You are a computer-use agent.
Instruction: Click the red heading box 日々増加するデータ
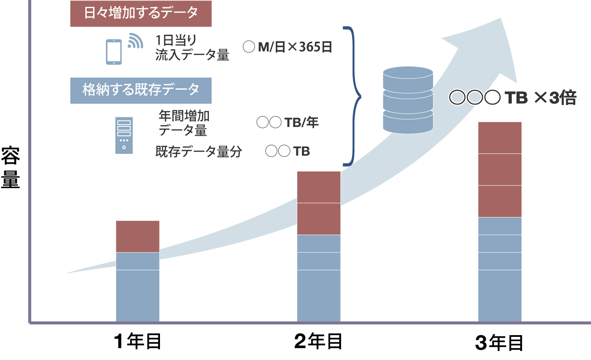point(141,13)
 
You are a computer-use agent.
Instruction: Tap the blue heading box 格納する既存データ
point(141,90)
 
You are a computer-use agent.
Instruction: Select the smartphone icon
point(114,52)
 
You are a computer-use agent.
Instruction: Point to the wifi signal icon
point(135,40)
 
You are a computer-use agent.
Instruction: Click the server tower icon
point(124,135)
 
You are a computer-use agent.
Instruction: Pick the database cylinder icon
point(408,99)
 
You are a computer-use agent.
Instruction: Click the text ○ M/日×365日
point(287,47)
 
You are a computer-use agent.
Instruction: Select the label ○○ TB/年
point(287,123)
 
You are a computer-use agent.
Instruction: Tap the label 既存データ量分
point(199,151)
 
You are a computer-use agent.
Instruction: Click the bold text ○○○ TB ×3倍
point(513,98)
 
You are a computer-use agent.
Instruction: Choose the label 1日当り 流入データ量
point(192,48)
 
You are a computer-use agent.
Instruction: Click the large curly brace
point(353,96)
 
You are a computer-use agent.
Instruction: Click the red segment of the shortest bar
point(138,236)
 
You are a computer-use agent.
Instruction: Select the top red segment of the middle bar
point(319,187)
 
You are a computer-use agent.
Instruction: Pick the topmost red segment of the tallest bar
point(500,137)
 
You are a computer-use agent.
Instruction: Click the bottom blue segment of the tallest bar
point(500,296)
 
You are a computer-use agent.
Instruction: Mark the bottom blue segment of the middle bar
point(319,296)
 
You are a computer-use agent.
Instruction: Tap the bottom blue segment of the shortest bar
point(138,296)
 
